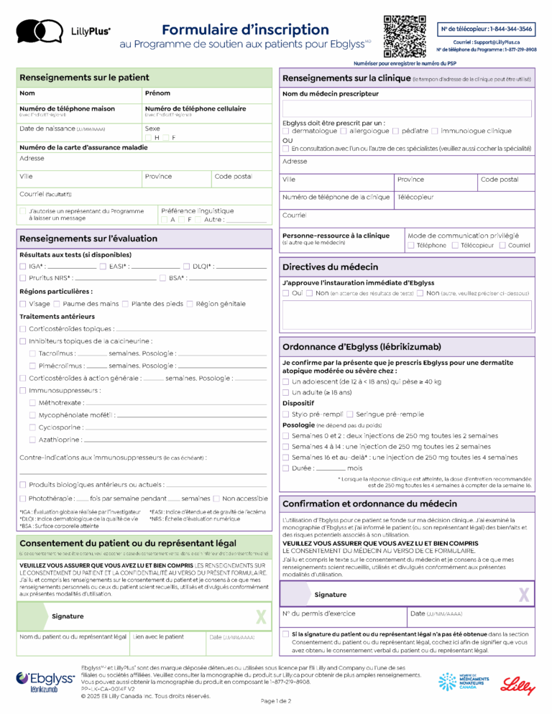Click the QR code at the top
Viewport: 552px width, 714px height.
[x=405, y=36]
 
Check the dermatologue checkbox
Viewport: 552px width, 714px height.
[x=286, y=131]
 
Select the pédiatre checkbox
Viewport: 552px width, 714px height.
[x=395, y=131]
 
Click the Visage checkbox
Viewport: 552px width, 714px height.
[x=23, y=304]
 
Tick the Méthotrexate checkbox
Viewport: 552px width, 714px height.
[x=32, y=403]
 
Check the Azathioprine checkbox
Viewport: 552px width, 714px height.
[x=32, y=440]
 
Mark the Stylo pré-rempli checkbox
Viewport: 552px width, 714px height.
[x=286, y=414]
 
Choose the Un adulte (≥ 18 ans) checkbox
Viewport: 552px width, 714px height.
[x=286, y=393]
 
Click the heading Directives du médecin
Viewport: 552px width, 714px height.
[x=330, y=266]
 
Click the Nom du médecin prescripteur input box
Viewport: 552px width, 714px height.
[x=407, y=108]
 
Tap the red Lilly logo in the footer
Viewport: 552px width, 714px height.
[x=518, y=686]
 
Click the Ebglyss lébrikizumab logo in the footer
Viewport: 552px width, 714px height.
[x=45, y=682]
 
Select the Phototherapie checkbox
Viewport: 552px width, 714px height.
[x=23, y=499]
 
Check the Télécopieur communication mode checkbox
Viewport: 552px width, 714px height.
[x=456, y=246]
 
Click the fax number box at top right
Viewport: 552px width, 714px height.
[x=487, y=29]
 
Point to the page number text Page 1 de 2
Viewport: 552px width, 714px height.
[x=276, y=701]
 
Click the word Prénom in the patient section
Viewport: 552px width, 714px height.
[x=157, y=93]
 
